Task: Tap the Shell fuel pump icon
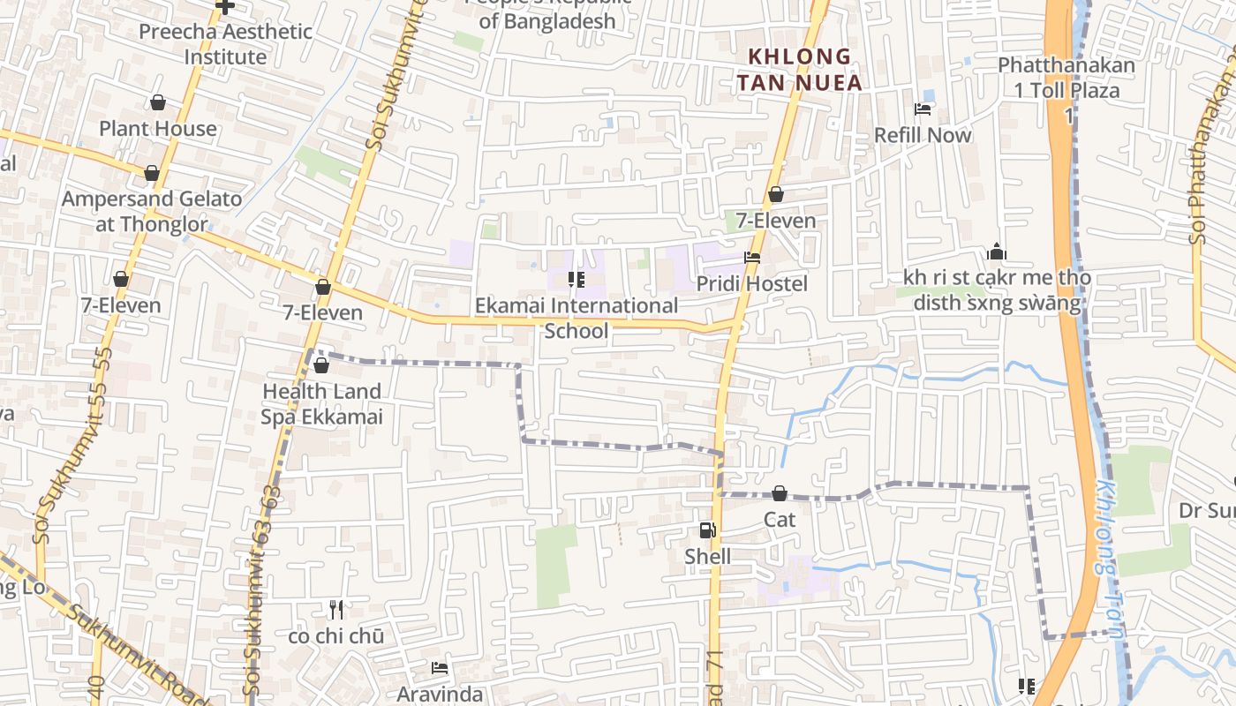coord(707,530)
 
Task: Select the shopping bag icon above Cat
coord(780,493)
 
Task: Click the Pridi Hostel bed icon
coord(752,259)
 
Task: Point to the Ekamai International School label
coord(577,318)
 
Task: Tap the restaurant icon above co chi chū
coord(336,610)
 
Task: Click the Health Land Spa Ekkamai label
coord(321,403)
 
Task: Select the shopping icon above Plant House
coord(158,102)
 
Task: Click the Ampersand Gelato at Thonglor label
coord(151,212)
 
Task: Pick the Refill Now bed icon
coord(923,109)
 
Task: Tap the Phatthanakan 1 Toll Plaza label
coord(1066,78)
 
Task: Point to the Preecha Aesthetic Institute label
coord(225,44)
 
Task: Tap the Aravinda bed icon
coord(440,668)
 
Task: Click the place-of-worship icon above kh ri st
coord(997,252)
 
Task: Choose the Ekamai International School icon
coord(577,281)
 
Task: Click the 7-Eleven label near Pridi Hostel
coord(775,221)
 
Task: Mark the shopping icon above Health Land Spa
coord(321,365)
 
